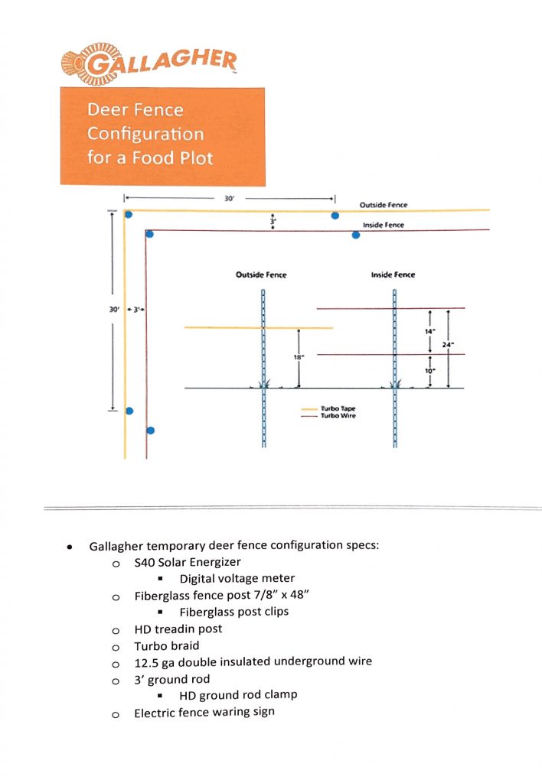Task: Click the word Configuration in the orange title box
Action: tap(145, 134)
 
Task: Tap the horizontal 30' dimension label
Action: tap(229, 198)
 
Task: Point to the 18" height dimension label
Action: tap(298, 357)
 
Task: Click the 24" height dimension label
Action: tap(448, 344)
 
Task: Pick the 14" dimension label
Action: tap(429, 331)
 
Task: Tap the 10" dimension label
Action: tap(429, 371)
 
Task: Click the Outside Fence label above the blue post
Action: tap(261, 275)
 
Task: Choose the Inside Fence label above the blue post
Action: tap(393, 275)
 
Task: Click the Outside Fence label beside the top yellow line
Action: tap(384, 205)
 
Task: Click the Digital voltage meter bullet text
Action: tap(237, 579)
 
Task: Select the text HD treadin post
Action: tap(178, 629)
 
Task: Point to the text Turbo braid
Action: tap(166, 645)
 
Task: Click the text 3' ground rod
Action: tap(171, 679)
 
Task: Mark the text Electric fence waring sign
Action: tap(204, 712)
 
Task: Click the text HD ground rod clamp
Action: tap(238, 695)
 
